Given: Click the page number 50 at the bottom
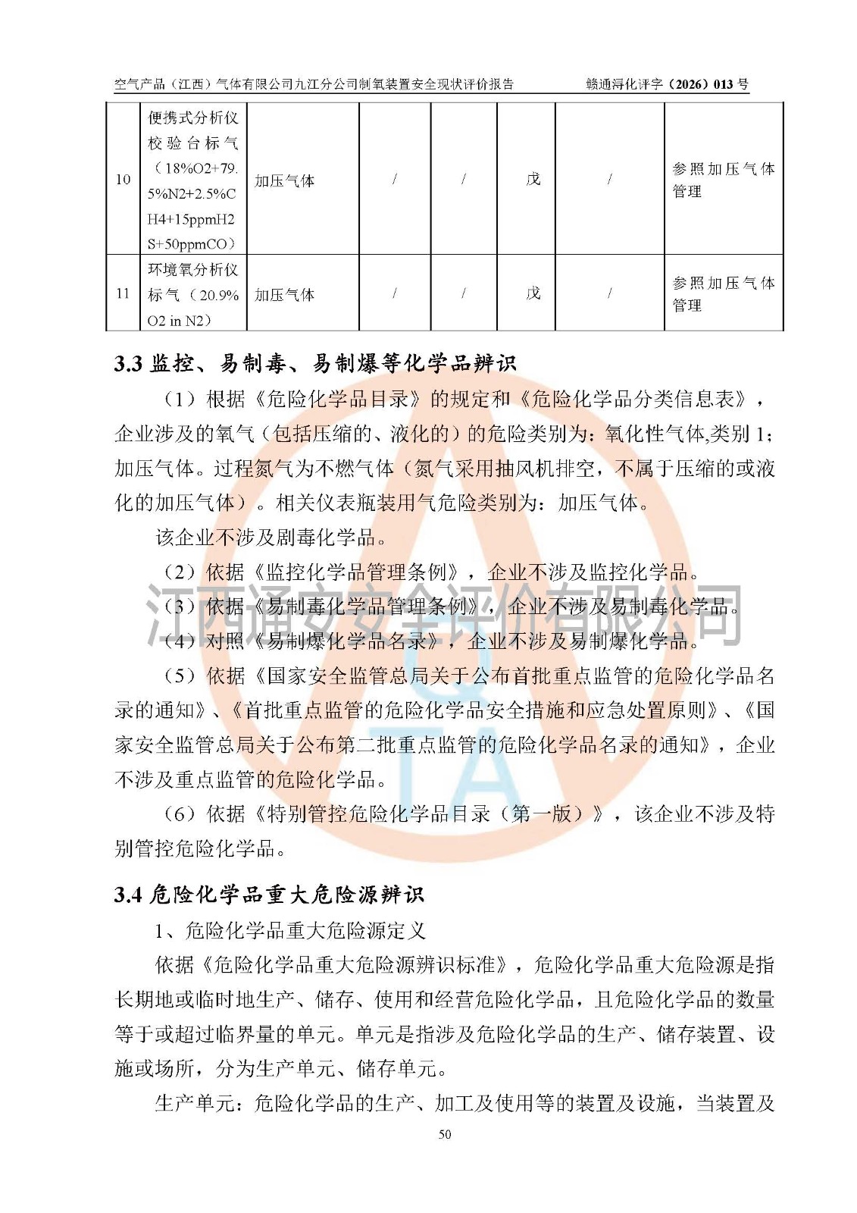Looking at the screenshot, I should tap(445, 1134).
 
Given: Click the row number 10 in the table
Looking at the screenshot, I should tap(123, 180).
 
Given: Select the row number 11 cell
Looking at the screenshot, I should tap(123, 293).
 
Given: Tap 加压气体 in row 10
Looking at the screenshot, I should tap(284, 180).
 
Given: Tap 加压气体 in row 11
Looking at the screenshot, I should tap(284, 295).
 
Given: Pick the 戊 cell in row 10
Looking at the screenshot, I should tap(533, 180).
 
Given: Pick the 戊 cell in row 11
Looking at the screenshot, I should tap(533, 293).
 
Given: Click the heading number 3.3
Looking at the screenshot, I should tap(128, 365).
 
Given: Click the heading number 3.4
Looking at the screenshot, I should tap(128, 895).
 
